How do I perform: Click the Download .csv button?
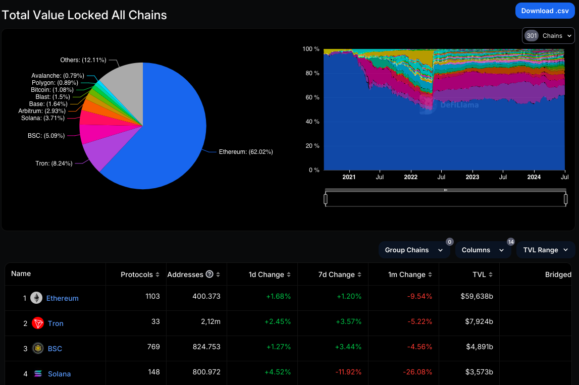coord(545,11)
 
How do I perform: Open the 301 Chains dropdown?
coord(548,36)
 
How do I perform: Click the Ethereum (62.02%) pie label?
coord(245,152)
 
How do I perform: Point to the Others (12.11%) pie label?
coord(83,60)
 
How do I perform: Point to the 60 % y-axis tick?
coord(311,97)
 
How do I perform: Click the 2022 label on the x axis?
coord(411,177)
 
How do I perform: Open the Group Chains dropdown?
coord(413,250)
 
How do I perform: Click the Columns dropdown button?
coord(483,250)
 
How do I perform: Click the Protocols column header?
coord(137,274)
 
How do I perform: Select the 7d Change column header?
coord(337,274)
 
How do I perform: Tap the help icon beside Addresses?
coord(209,274)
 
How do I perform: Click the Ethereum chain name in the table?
coord(63,298)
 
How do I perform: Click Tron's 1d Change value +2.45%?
coord(278,321)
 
